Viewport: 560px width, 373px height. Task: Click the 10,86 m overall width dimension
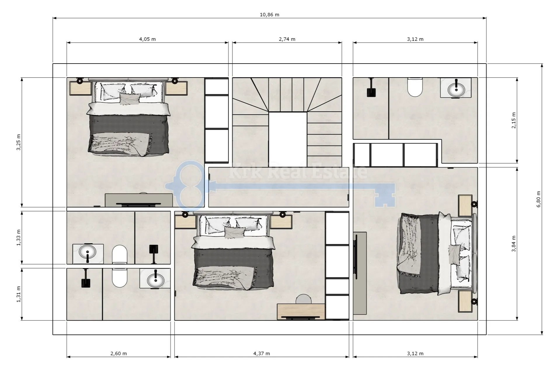[x=269, y=15]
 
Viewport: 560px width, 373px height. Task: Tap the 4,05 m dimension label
[x=147, y=39]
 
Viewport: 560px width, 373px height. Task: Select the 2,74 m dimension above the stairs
[x=287, y=39]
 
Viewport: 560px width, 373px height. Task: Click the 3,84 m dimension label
[x=514, y=244]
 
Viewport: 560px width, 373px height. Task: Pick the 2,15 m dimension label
[x=514, y=120]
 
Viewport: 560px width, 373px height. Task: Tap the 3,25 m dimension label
[x=19, y=142]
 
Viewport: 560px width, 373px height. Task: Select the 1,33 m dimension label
[x=19, y=238]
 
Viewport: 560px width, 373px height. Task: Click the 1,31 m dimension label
[x=19, y=294]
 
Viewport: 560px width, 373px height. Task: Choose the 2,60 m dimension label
[x=119, y=353]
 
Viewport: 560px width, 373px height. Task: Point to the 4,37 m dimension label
[x=262, y=353]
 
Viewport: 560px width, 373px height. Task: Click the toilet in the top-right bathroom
[x=415, y=87]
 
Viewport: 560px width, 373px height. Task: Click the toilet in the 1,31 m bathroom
[x=119, y=278]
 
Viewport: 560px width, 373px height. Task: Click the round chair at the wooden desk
[x=304, y=299]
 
